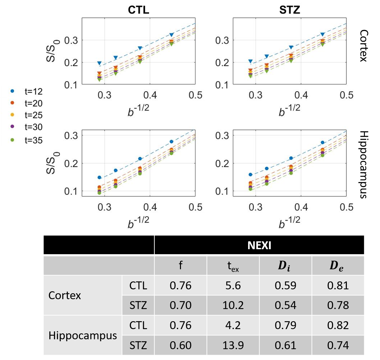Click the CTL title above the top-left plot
138,10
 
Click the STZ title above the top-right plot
290,10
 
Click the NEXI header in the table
259,245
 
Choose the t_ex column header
233,266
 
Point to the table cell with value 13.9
233,345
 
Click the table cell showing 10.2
233,305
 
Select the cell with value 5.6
233,285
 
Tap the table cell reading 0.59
285,285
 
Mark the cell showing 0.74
338,345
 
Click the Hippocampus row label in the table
83,335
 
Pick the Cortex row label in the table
64,295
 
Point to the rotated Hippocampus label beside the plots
364,164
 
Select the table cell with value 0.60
181,345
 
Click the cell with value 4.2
233,325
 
